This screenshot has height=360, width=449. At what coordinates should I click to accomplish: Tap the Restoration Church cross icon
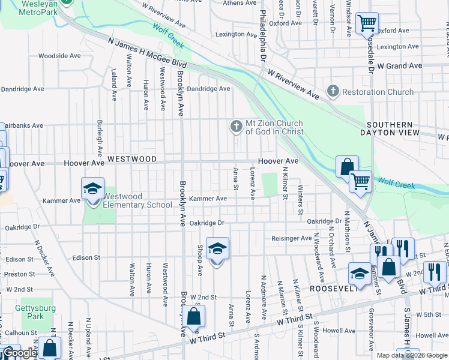(x=333, y=92)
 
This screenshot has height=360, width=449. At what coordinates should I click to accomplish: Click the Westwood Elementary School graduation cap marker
(x=93, y=189)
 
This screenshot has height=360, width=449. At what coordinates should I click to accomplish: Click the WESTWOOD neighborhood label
(x=132, y=159)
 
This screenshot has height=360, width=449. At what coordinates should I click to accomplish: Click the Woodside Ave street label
(x=59, y=56)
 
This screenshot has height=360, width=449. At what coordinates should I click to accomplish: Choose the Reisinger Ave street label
(x=291, y=238)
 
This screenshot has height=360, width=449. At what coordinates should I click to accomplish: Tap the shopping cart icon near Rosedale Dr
(x=367, y=24)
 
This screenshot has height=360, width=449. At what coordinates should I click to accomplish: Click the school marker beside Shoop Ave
(x=218, y=249)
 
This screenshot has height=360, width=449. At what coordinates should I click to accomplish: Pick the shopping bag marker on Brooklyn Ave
(x=194, y=317)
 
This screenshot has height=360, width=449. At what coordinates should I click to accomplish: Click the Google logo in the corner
(x=19, y=353)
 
